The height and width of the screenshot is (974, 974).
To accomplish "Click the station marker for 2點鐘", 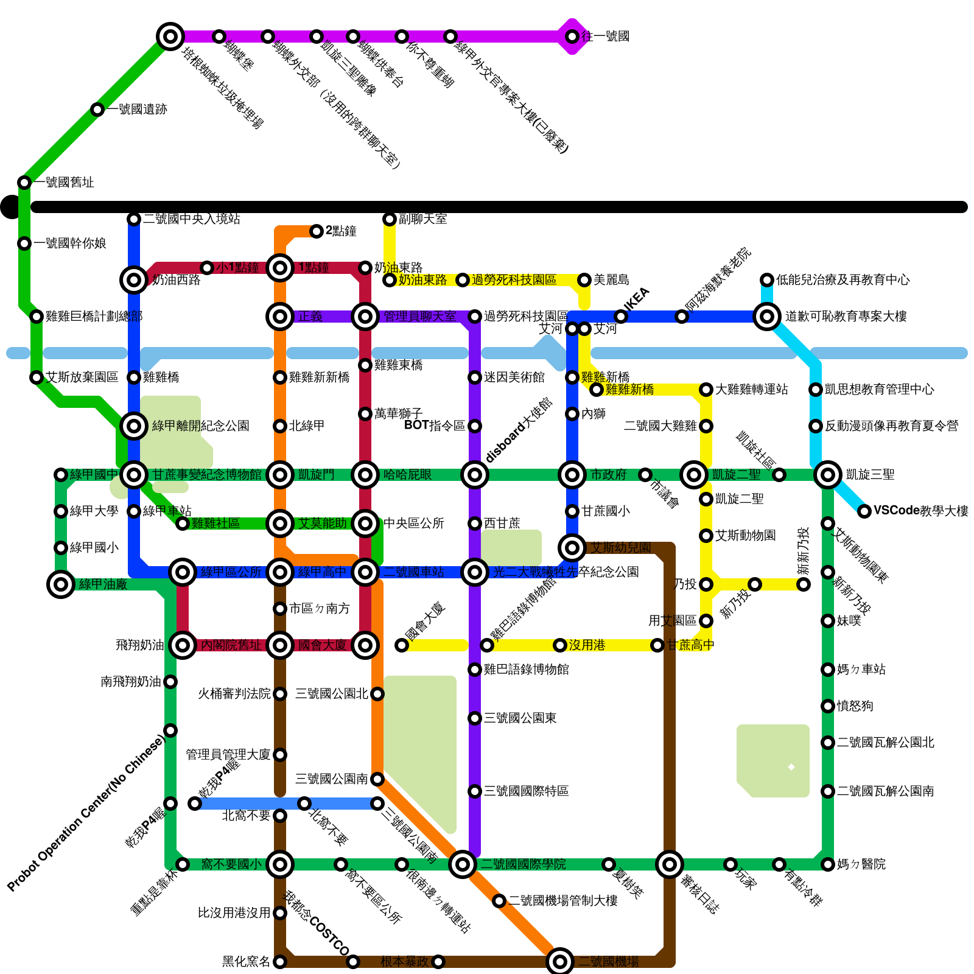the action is pos(317,231).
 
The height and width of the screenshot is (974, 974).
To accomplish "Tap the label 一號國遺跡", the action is pos(138,110).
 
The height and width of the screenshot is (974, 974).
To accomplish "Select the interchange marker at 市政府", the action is pos(572,475).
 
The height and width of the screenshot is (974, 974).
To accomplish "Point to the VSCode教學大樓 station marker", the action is pos(864,511).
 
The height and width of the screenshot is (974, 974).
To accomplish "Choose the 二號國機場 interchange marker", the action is pos(560,962).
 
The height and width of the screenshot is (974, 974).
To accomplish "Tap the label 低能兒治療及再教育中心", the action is pos(843,280).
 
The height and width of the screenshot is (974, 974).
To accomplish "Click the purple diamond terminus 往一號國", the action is pos(572,37).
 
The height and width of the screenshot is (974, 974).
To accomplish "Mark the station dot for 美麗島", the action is pos(584,280).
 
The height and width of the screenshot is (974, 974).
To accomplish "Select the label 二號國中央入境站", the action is pos(192,219).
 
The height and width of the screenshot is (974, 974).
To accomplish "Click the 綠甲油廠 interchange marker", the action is pos(61,584).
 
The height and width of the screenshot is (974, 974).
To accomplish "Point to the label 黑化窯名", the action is pos(246,962).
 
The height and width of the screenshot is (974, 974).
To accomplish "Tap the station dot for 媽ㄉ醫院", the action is pos(828,864).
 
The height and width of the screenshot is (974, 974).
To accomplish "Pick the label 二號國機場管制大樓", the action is pos(563,901).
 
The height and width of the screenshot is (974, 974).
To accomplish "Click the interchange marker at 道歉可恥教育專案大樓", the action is pos(767,317).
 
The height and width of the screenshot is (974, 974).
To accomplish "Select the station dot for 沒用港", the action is pos(560,645).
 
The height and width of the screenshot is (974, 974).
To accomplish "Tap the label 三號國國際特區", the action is pos(527,791).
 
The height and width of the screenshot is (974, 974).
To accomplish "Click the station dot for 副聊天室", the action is pos(390,219).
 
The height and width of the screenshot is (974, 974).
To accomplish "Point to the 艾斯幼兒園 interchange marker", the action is pos(572,548).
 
